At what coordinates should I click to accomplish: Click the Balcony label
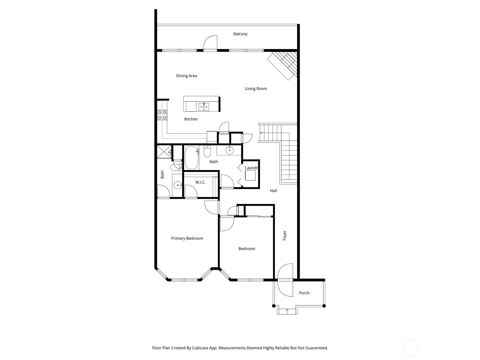coord(240,34)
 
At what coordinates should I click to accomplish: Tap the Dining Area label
coord(187,76)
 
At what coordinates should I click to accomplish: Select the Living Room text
coord(256,88)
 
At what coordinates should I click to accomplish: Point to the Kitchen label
coord(191,119)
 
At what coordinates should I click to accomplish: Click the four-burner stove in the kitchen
coord(162,115)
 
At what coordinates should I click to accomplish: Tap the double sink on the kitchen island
coord(204,107)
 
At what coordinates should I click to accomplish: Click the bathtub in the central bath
coord(192,157)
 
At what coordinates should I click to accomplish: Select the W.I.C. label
coord(200,182)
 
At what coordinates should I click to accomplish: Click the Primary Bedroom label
coord(187,238)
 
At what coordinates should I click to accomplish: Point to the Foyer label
coord(284,235)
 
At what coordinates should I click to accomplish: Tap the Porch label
coord(304,293)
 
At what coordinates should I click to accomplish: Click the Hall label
coord(273,190)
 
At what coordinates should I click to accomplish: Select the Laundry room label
coord(251,168)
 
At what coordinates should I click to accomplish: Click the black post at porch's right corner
coord(324,306)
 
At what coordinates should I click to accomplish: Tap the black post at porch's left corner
coord(274,306)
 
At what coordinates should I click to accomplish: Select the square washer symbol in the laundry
coord(250,175)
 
